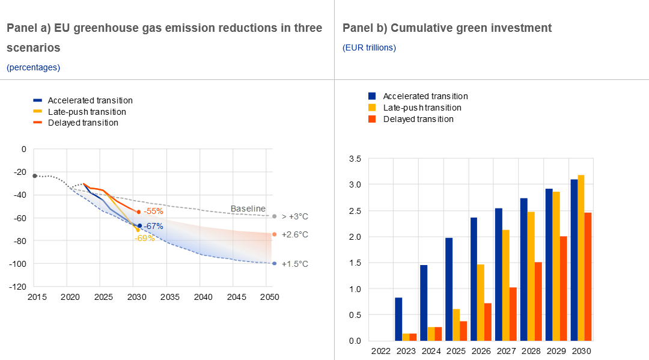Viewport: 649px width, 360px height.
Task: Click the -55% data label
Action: [153, 212]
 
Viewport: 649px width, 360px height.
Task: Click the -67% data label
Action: [153, 226]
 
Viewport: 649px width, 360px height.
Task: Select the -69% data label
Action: [145, 238]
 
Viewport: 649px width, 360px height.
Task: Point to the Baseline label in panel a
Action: [248, 209]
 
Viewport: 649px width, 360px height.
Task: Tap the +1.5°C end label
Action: [294, 264]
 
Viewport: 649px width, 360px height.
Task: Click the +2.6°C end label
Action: [294, 234]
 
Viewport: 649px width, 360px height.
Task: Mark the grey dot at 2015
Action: [34, 175]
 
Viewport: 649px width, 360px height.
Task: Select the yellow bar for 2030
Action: [580, 258]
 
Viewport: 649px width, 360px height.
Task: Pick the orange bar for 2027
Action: [513, 314]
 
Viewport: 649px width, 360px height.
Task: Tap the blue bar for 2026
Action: [474, 279]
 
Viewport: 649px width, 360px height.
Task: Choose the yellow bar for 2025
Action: [456, 325]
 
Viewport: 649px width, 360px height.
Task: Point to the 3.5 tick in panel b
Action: [355, 159]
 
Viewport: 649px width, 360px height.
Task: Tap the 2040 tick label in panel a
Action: [204, 297]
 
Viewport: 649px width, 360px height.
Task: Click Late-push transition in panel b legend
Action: [422, 108]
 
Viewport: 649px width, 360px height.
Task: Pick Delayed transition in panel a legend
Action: [83, 123]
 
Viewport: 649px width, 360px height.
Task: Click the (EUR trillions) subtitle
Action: [369, 47]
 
